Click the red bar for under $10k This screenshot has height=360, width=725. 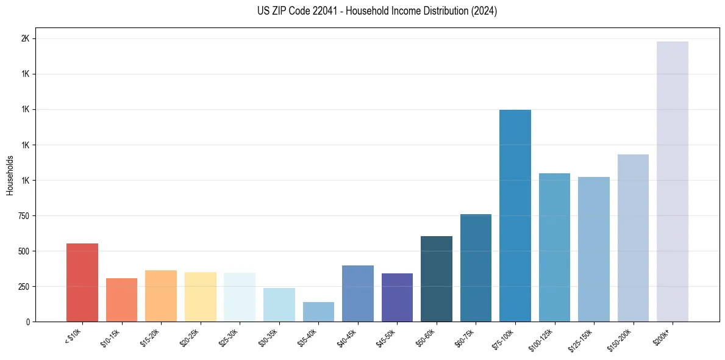[x=82, y=283]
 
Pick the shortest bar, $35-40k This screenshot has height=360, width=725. [x=318, y=312]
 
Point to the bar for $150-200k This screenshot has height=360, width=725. [x=633, y=238]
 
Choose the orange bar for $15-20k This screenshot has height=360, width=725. [x=161, y=296]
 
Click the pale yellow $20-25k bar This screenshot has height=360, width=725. [x=200, y=297]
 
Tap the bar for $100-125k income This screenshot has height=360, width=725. [x=554, y=247]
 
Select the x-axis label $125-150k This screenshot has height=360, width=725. [x=582, y=339]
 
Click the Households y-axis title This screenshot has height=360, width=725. [x=10, y=175]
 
